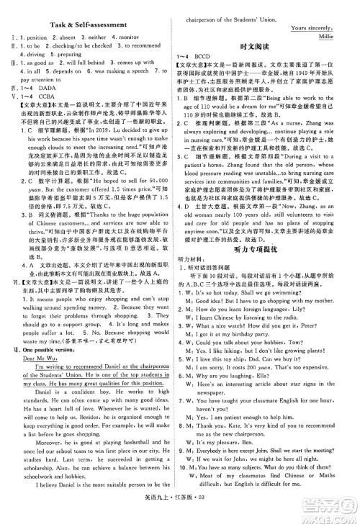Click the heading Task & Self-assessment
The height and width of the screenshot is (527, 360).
pos(89,26)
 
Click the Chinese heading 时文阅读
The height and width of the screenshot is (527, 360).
pos(269,44)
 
